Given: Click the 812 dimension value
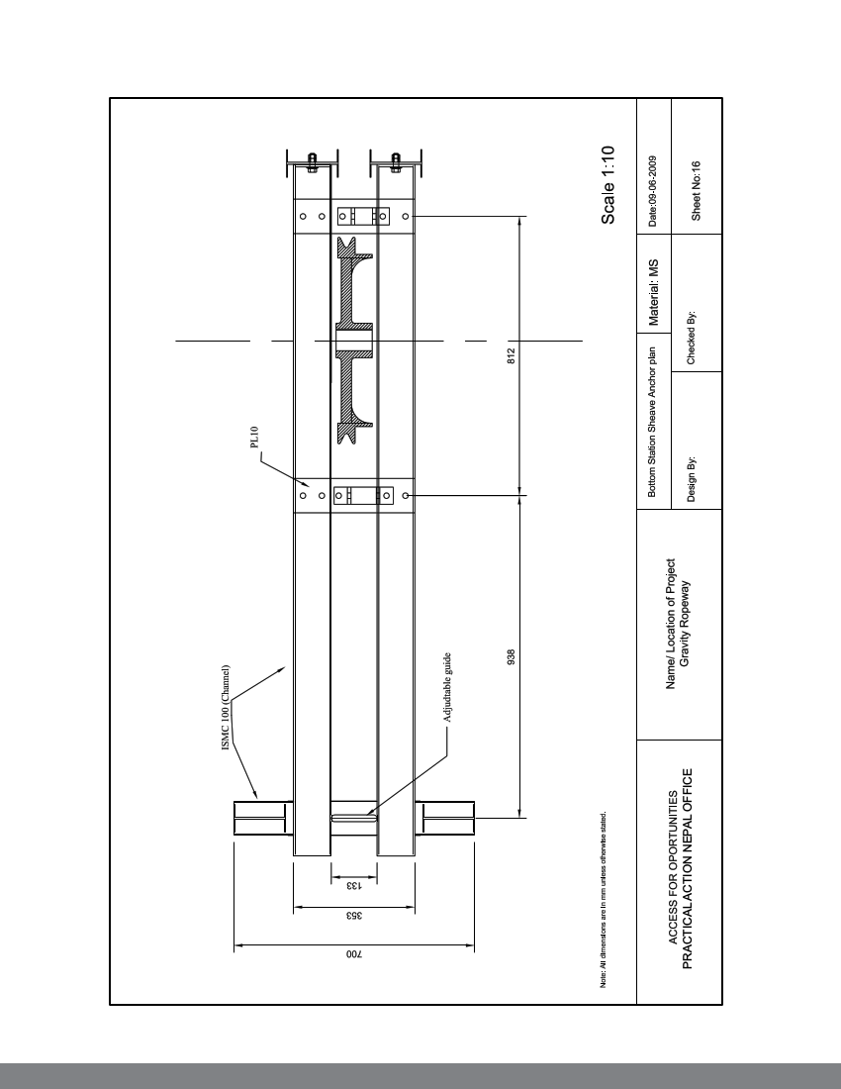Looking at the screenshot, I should coord(511,354).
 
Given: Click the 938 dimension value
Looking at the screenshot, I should coord(511,656).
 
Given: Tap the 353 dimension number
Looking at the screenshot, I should coord(353,916).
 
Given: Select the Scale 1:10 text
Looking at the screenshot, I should coord(608,185).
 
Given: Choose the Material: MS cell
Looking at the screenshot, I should coord(653,292).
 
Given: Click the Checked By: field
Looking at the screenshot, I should coord(692,341).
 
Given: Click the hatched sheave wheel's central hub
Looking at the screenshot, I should coord(355,342).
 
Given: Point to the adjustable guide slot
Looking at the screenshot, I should coord(353,818).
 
